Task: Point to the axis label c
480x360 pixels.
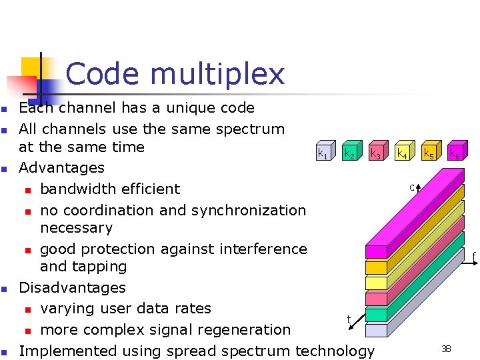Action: [412, 187]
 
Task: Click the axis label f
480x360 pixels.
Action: [474, 255]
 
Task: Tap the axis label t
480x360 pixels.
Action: [349, 320]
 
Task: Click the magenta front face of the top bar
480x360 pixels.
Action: [377, 252]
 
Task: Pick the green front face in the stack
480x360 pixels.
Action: [377, 315]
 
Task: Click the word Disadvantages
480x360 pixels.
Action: [72, 287]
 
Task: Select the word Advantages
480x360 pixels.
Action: [61, 167]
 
